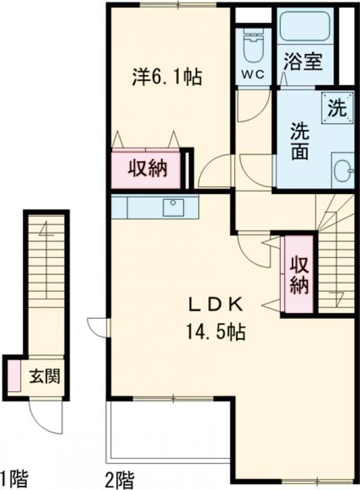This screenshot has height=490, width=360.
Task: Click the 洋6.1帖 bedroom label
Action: (167, 77)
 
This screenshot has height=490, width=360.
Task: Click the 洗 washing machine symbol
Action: (337, 109)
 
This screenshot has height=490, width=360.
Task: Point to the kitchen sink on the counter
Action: (174, 207)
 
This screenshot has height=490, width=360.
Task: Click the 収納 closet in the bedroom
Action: (146, 170)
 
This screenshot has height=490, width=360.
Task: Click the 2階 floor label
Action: (120, 479)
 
